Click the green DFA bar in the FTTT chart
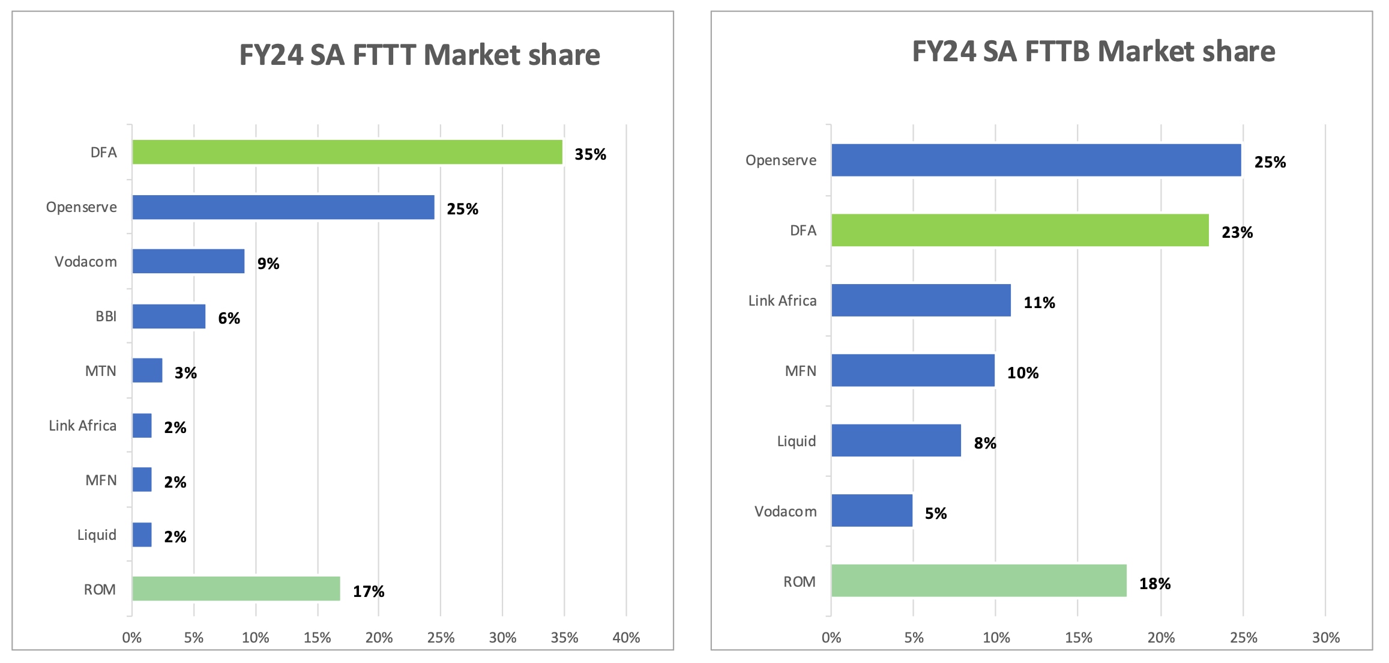[x=347, y=152]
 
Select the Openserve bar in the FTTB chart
[x=1036, y=160]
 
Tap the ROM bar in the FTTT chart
[x=236, y=589]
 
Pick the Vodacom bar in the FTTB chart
[x=872, y=510]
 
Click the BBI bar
[x=169, y=316]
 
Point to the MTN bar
[x=147, y=371]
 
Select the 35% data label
[x=590, y=154]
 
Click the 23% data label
[x=1237, y=232]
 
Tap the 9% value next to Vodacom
[x=268, y=264]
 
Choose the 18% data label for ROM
[x=1155, y=584]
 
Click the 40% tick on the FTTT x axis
[x=626, y=638]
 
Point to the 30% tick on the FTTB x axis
[x=1325, y=638]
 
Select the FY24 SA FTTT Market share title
[x=420, y=55]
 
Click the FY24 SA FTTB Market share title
[x=1093, y=52]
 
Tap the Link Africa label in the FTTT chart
[x=83, y=426]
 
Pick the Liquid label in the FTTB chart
[x=797, y=441]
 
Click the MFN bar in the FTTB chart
[x=912, y=370]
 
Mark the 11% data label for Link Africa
[x=1039, y=303]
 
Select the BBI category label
[x=106, y=316]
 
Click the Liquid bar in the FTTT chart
[x=142, y=534]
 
